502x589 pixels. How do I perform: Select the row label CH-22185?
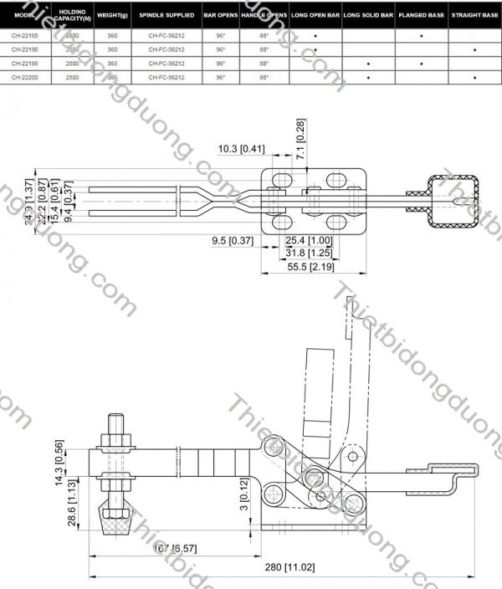[x=25, y=36]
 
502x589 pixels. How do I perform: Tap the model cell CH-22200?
[x=25, y=77]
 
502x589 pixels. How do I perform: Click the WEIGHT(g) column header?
[x=112, y=15]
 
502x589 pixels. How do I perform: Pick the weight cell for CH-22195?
[x=112, y=64]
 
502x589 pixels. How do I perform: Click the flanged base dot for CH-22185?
[x=421, y=36]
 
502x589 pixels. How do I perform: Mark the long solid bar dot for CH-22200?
[x=368, y=77]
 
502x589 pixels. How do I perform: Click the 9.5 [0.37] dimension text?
[x=233, y=240]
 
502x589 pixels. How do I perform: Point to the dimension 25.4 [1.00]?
[x=310, y=240]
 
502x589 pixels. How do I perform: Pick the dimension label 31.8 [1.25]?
[x=310, y=253]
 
